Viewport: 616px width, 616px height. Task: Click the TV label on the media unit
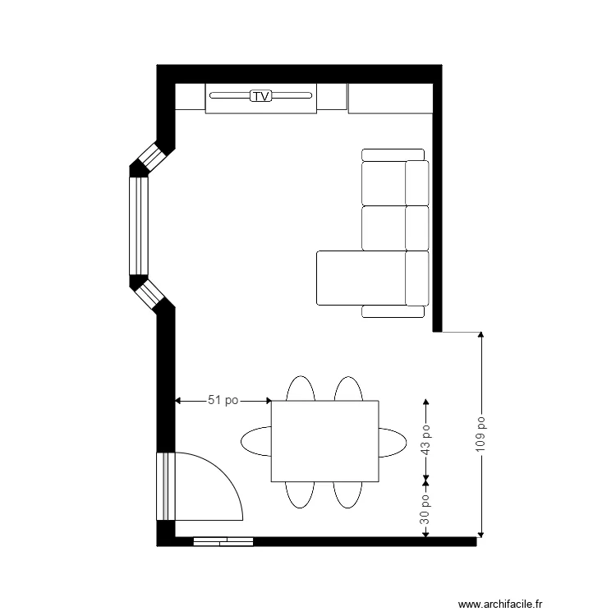(261, 96)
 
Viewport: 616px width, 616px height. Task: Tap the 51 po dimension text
(223, 401)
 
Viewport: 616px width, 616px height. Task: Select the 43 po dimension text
(425, 439)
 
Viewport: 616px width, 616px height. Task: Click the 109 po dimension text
(481, 433)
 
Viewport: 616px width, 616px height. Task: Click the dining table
(325, 441)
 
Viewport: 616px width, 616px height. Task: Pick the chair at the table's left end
(255, 441)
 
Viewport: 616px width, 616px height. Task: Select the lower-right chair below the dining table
(348, 494)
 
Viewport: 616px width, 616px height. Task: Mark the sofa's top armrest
(393, 154)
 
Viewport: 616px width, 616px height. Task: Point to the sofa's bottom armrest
(393, 311)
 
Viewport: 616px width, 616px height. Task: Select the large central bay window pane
(137, 226)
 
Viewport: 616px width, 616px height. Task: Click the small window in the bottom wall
(223, 541)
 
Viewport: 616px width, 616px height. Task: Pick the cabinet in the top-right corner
(390, 99)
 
